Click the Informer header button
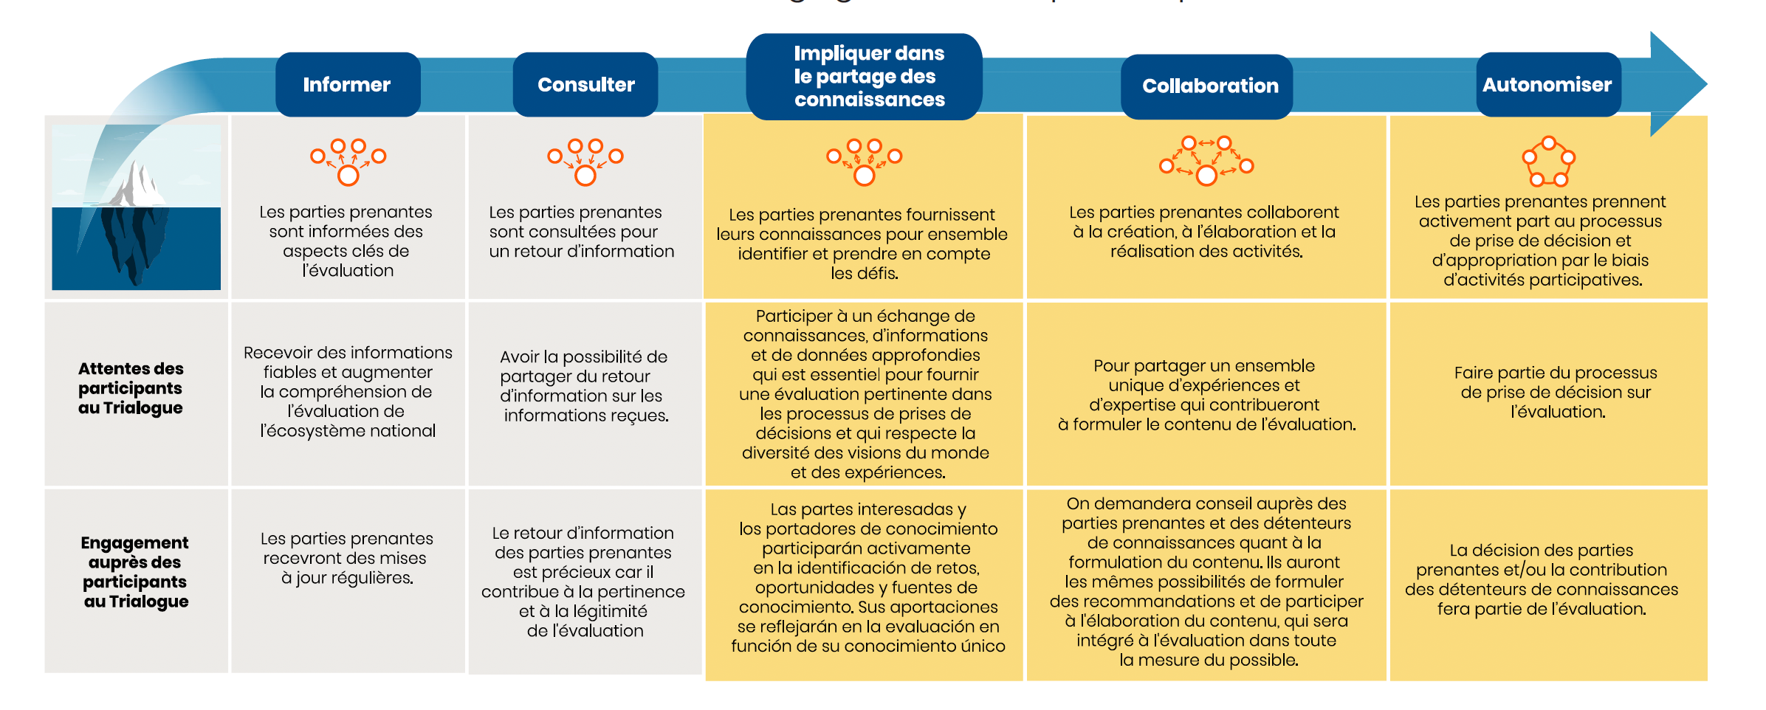(347, 85)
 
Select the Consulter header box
(585, 85)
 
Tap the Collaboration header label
(1209, 86)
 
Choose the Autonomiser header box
(1547, 85)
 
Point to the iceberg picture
(137, 207)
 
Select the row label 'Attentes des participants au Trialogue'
(131, 388)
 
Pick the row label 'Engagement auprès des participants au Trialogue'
(135, 572)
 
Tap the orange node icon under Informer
(348, 161)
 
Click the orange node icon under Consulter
(585, 161)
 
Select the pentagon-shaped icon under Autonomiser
(1548, 162)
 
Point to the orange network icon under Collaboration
(1206, 160)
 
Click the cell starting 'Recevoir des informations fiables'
(348, 391)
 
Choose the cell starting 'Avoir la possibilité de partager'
(585, 386)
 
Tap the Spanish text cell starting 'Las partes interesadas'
(867, 577)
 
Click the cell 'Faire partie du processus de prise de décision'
(1556, 392)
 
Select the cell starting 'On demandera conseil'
(1206, 582)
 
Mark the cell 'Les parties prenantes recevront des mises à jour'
(347, 558)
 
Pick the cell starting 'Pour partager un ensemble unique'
(1206, 395)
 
